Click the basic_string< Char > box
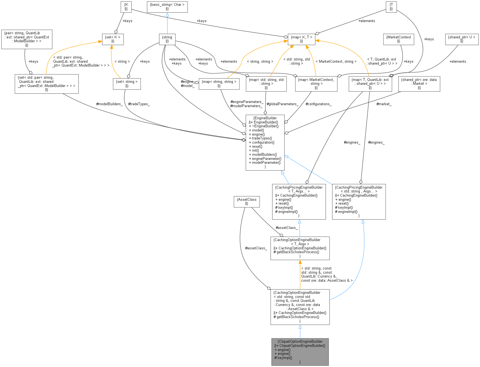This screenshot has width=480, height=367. (167, 7)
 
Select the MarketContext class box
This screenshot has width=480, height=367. (399, 39)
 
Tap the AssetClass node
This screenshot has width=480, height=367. (247, 202)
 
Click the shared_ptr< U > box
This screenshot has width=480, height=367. (462, 39)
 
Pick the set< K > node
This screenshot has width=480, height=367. (113, 39)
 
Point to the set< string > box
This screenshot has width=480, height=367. (127, 84)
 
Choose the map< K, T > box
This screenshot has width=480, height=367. (302, 39)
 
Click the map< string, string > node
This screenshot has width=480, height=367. (219, 84)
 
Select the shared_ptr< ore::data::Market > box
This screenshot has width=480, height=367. (419, 84)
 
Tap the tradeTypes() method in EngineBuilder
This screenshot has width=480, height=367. (262, 138)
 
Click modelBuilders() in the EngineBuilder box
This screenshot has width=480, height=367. (264, 155)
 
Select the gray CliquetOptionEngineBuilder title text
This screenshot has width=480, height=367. (300, 342)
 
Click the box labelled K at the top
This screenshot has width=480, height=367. (126, 7)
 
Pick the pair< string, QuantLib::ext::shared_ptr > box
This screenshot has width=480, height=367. (27, 39)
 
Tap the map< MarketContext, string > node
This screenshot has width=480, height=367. (316, 84)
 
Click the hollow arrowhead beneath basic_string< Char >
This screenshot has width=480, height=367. (167, 15)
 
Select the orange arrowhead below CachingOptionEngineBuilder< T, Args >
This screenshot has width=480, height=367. (300, 262)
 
